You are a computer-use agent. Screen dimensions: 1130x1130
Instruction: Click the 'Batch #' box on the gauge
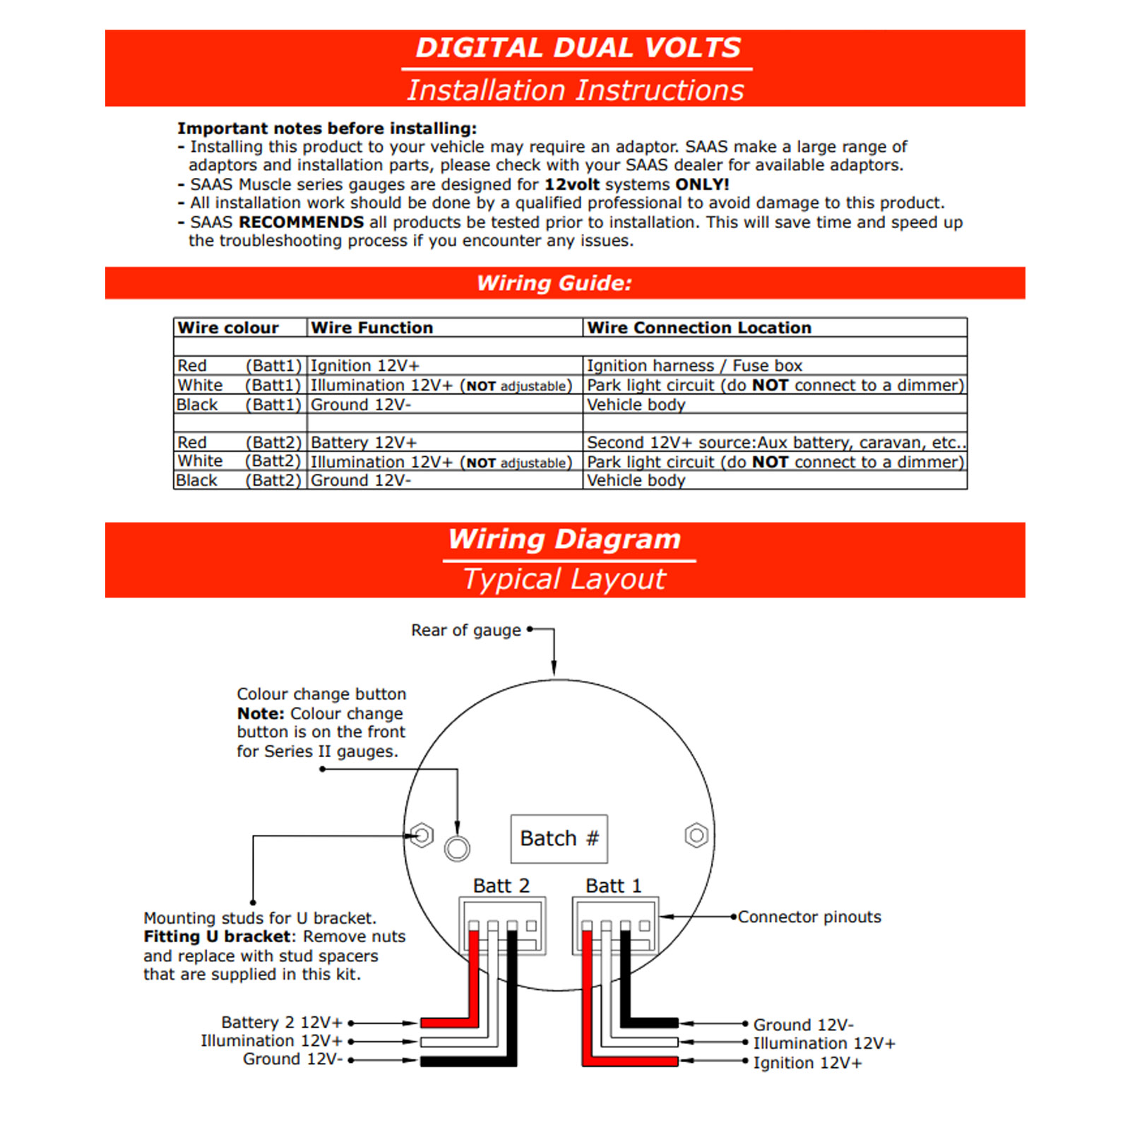coord(559,838)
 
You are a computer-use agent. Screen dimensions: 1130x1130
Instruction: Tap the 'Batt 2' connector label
coord(501,886)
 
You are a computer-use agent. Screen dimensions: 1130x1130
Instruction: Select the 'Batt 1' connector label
coord(613,886)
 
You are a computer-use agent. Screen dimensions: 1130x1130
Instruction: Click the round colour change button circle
coord(457,848)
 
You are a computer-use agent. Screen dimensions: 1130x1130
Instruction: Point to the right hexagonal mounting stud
coord(696,835)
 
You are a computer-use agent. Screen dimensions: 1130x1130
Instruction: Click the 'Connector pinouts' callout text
coord(809,917)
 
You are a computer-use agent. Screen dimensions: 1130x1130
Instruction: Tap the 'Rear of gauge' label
coord(466,630)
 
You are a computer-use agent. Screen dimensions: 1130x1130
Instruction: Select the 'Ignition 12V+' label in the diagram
coord(807,1063)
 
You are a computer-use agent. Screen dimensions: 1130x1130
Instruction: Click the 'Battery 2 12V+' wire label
coord(282,1022)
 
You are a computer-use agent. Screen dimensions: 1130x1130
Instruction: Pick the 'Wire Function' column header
coord(371,328)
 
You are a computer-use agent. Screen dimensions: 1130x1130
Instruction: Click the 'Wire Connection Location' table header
coord(699,328)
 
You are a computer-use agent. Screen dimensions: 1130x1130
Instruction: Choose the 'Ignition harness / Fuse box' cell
coord(694,366)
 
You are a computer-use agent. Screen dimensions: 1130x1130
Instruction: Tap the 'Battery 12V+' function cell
coord(364,442)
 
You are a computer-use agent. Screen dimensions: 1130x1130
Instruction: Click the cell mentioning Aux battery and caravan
coord(775,442)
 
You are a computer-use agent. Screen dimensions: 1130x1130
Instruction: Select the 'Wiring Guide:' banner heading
coord(554,283)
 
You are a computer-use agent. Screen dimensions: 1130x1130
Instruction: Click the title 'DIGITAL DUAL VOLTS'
coord(578,48)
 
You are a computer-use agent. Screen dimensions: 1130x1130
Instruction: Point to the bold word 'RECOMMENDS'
coord(302,222)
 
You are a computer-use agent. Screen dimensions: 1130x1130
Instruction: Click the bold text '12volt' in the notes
coord(571,184)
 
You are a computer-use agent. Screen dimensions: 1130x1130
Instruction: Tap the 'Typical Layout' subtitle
coord(564,579)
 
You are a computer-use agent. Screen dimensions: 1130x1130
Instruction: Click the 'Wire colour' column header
coord(228,328)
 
